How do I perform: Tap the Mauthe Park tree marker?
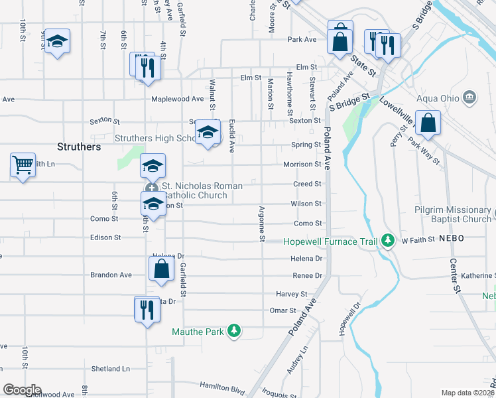(233, 330)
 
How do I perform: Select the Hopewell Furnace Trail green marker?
(391, 240)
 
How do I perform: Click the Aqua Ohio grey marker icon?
(470, 98)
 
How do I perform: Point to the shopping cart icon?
(22, 164)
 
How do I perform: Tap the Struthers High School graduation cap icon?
(208, 134)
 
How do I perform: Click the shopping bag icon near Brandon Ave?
(160, 269)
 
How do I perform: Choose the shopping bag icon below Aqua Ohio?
(428, 123)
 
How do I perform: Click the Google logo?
(21, 390)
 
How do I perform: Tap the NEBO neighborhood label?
(451, 239)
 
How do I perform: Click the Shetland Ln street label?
(110, 369)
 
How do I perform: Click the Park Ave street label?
(302, 39)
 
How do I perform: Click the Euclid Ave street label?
(232, 135)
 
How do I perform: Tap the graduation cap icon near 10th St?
(57, 42)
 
